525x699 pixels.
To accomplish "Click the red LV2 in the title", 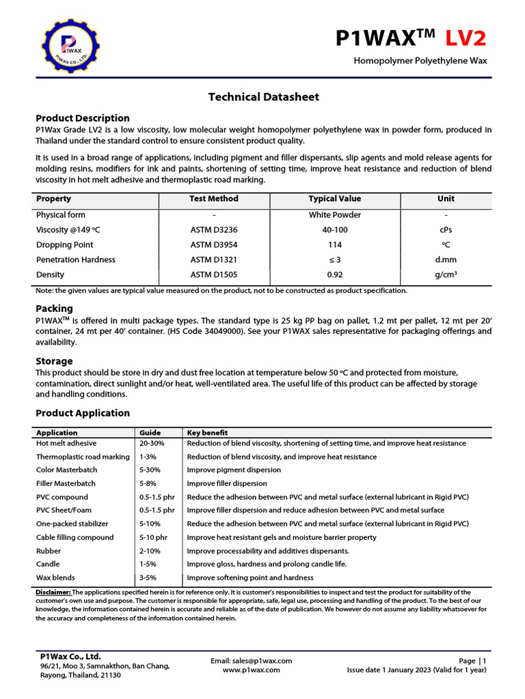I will click(x=468, y=39).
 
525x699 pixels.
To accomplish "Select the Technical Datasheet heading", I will click(x=263, y=97).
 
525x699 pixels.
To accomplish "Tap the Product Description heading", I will click(x=83, y=118).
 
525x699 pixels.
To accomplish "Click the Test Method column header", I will click(x=214, y=199).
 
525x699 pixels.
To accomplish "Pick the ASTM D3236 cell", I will click(x=214, y=230).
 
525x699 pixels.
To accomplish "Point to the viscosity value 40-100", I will click(x=335, y=230).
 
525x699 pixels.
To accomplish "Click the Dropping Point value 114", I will click(x=335, y=245).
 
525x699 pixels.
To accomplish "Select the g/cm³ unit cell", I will click(x=445, y=275).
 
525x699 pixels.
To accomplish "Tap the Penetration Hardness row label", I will click(x=76, y=260).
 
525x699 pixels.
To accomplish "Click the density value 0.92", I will click(x=335, y=275).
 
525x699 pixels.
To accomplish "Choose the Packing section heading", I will click(x=54, y=309).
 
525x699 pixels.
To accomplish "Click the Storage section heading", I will click(x=54, y=361).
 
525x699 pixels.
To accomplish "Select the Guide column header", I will click(x=150, y=433).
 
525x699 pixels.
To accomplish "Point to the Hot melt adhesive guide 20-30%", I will click(x=152, y=444).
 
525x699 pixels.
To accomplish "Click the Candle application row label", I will click(x=48, y=565).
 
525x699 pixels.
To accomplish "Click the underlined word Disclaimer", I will click(x=53, y=593).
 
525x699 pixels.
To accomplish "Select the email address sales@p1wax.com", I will click(x=251, y=661).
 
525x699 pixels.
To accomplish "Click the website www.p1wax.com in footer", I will click(x=251, y=670).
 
